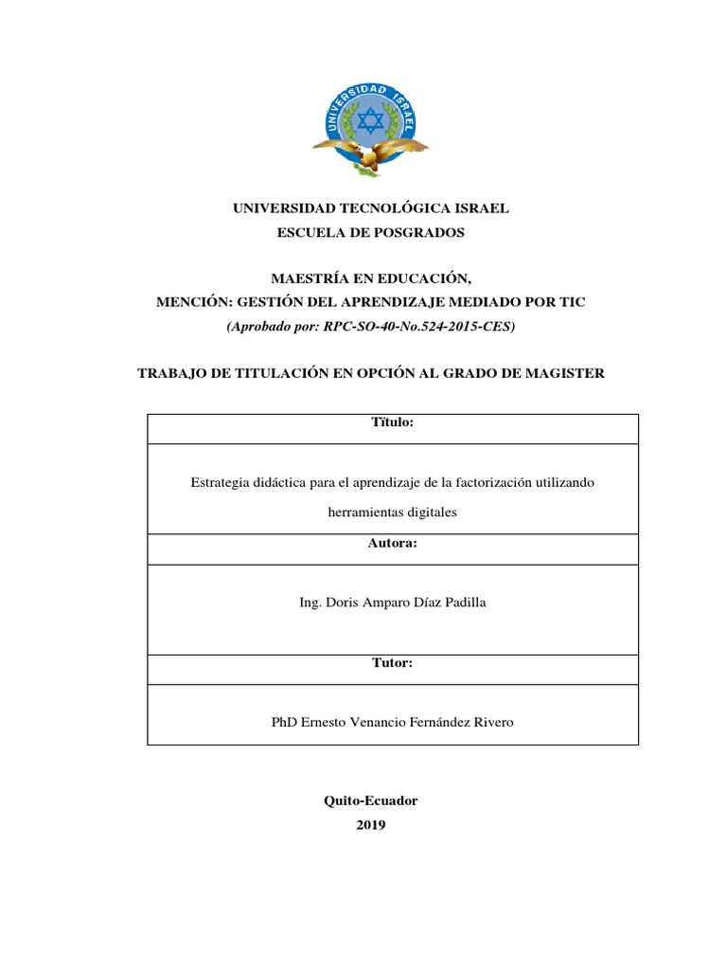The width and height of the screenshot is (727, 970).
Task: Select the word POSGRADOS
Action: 413,231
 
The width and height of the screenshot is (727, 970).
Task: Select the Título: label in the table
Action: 392,422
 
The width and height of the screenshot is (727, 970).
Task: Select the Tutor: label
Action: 392,663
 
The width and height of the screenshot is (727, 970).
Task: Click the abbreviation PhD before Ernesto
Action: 284,722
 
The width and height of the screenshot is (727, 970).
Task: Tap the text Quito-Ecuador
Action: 371,800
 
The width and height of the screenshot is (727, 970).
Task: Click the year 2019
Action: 371,825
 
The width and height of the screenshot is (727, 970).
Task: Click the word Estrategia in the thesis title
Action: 220,482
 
